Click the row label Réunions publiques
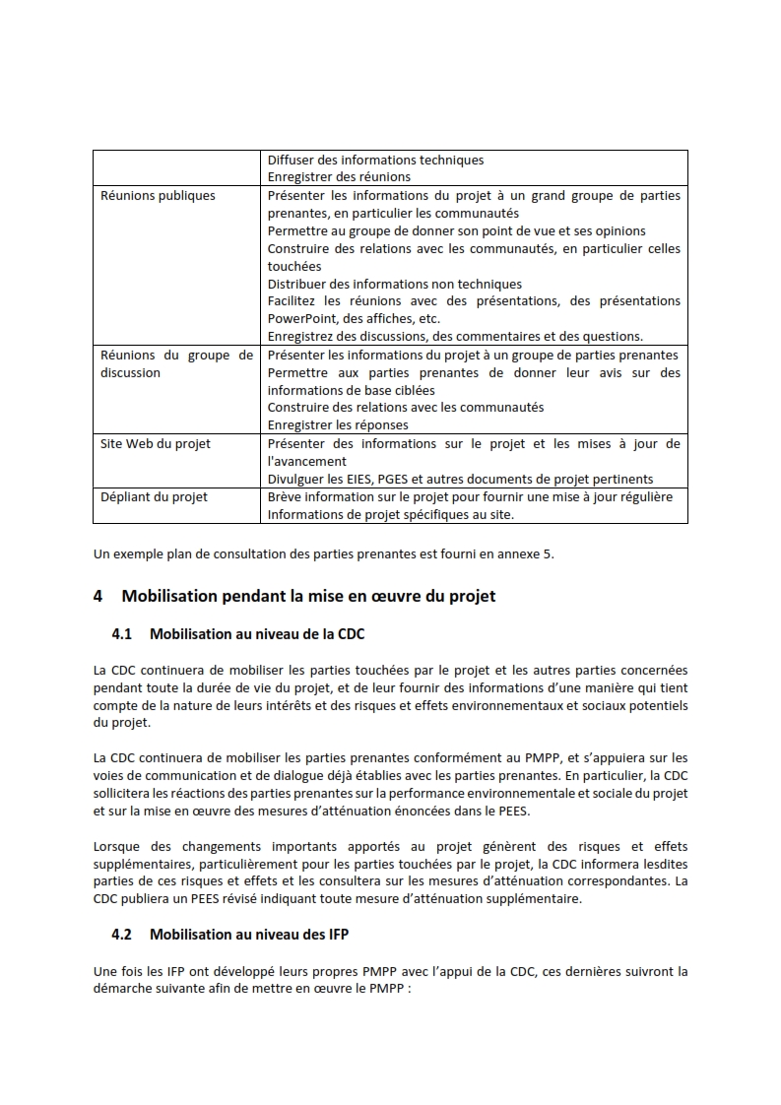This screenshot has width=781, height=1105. pos(158,196)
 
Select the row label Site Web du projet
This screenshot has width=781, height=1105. pos(156,444)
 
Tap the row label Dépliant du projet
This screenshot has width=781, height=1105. pos(154,497)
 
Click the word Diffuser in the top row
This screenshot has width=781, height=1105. pos(293,160)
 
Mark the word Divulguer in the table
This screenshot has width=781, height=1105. pos(299,480)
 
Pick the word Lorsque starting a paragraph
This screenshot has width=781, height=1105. pos(118,846)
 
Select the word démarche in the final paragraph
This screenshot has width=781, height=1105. pos(123,988)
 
